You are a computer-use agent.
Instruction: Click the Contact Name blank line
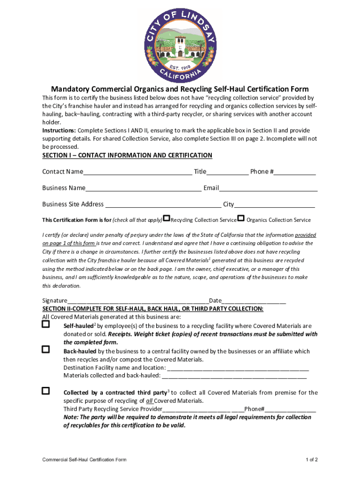pos(137,173)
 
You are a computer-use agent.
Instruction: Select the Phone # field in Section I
pos(295,173)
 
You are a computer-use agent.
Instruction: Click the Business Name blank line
pos(143,189)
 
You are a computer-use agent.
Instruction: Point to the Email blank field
pos(268,189)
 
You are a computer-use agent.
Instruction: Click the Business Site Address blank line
pos(163,205)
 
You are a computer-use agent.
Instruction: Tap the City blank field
pos(274,205)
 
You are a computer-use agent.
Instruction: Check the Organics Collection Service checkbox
pos(241,218)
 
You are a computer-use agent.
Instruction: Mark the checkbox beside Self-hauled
pos(46,324)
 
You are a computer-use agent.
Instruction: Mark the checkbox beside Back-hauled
pos(46,349)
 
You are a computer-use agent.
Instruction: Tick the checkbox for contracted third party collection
pos(46,391)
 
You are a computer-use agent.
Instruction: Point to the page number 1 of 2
pos(312,460)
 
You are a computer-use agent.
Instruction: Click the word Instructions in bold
pos(59,131)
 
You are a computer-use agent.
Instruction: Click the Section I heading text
pos(127,155)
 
